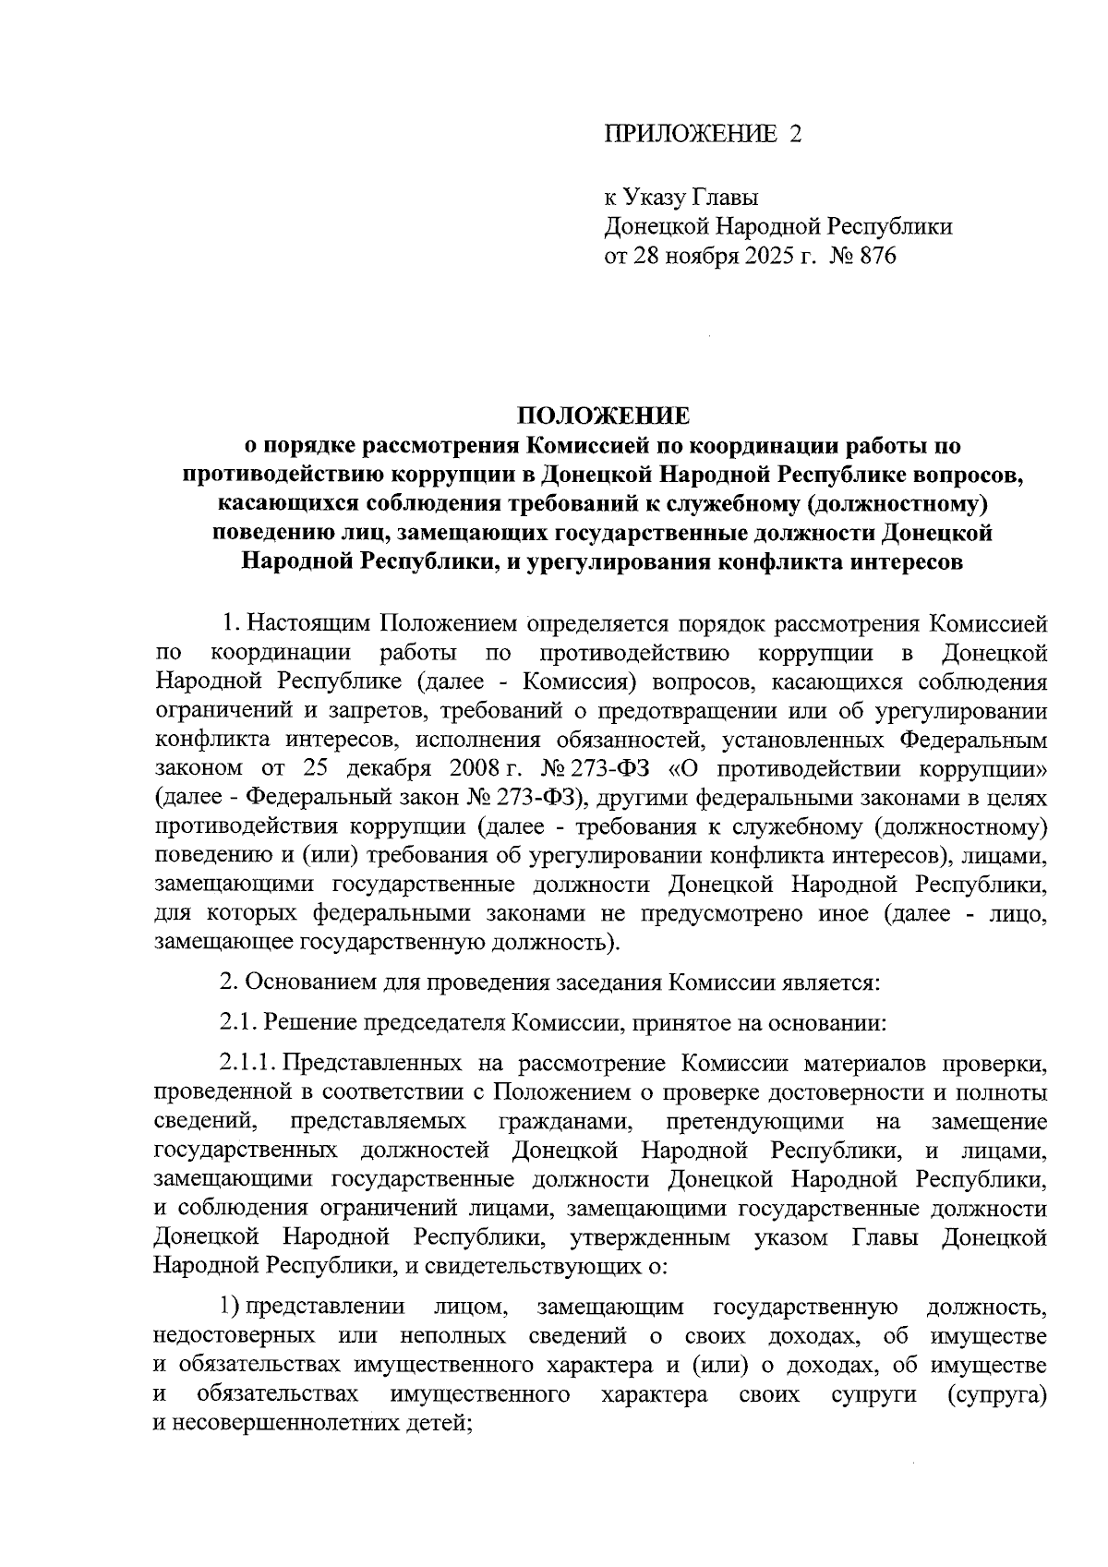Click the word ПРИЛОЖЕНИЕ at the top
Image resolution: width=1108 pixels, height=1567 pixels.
[x=690, y=135]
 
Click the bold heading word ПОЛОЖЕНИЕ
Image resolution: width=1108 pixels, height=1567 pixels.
[x=602, y=415]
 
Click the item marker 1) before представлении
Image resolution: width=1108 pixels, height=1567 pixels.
[x=231, y=1308]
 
